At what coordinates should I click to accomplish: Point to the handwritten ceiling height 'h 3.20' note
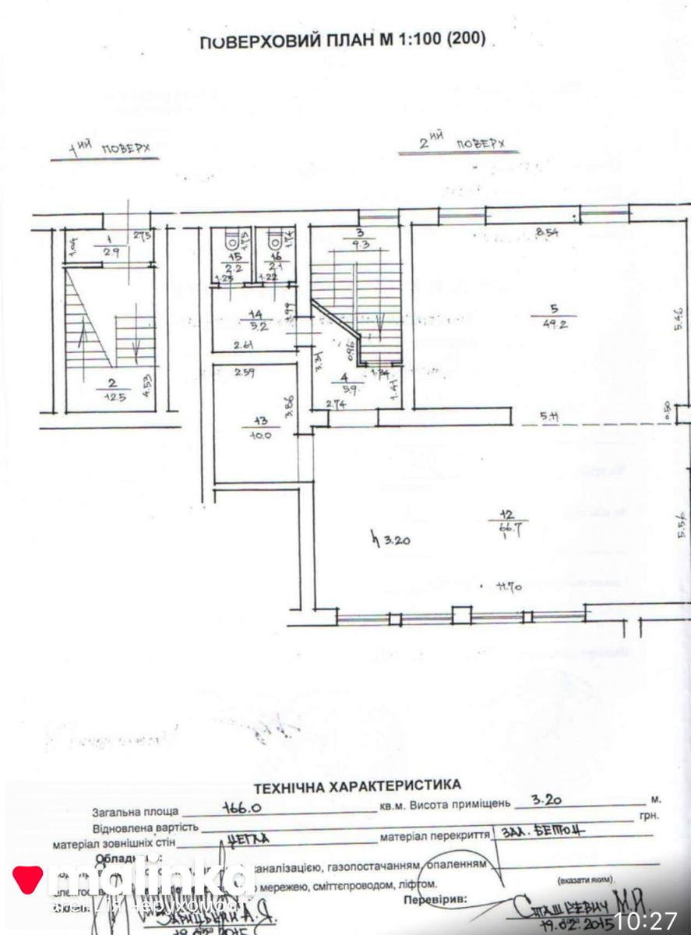392,538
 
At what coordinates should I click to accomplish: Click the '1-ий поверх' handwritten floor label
108,148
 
